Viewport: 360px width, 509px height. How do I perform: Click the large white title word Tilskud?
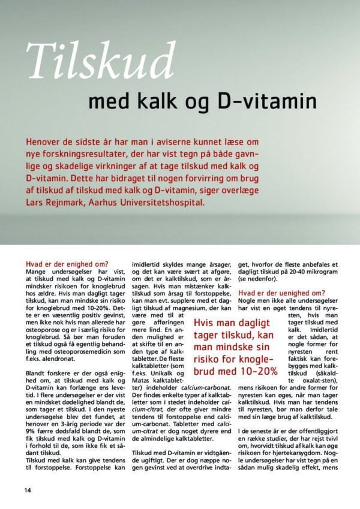click(100, 61)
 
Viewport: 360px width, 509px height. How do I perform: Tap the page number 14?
click(28, 490)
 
